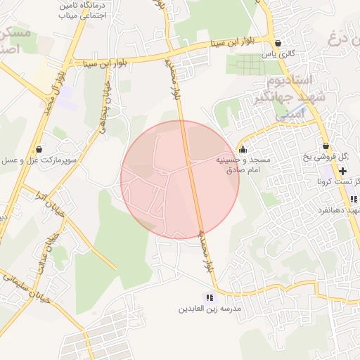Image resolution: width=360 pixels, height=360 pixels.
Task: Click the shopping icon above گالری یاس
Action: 278,43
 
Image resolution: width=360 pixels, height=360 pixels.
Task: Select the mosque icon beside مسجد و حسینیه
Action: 243,149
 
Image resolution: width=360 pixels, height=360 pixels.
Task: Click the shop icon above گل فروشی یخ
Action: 326,146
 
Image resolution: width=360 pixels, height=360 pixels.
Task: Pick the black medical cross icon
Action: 342,171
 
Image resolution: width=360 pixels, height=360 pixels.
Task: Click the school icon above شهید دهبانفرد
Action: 354,200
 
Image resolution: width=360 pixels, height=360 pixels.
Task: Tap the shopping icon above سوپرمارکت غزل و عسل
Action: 38,149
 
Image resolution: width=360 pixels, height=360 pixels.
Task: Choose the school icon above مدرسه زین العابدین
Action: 209,297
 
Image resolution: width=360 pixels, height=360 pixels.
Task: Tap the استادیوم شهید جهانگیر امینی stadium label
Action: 288,98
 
